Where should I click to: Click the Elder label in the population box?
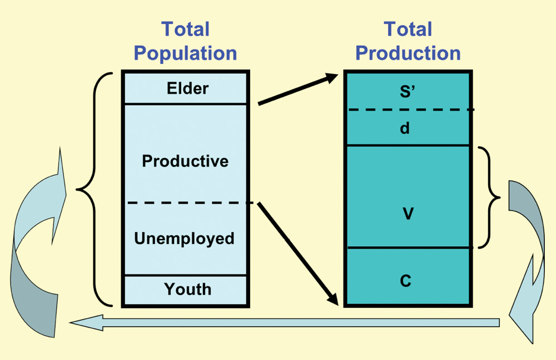tap(187, 88)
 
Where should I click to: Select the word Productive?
tap(185, 161)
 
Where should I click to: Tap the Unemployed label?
tap(184, 238)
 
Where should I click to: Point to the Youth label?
tap(187, 289)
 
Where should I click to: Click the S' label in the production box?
tap(408, 92)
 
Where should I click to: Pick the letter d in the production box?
tap(405, 128)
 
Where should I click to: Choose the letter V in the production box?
tap(408, 214)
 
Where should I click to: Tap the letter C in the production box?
tap(406, 281)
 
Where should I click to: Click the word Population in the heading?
tap(185, 53)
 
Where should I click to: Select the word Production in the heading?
tap(408, 53)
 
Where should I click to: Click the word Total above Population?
tap(186, 29)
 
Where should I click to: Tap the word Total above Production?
tap(408, 29)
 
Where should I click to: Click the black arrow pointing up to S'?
tap(298, 89)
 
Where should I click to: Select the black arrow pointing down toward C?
tap(298, 254)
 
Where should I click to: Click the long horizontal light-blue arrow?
tap(284, 322)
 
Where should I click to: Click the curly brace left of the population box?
tap(95, 189)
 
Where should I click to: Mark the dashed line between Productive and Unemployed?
tap(190, 203)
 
